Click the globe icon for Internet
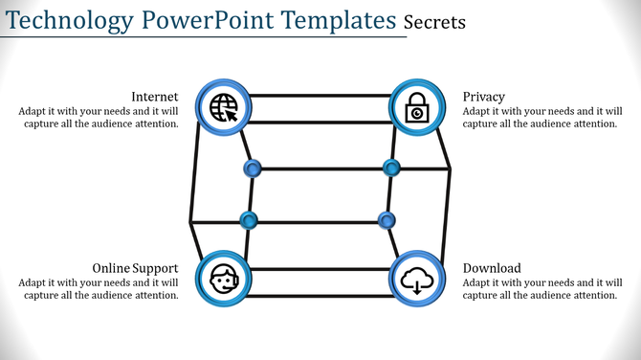[223, 106]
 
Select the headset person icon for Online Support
[223, 280]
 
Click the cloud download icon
[418, 280]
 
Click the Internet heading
[154, 97]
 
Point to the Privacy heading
[484, 97]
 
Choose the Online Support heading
[134, 268]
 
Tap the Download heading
[492, 268]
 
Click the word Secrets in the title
[434, 21]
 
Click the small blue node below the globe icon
[253, 169]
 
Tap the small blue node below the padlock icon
[391, 169]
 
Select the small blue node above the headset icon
[249, 221]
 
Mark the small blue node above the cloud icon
[387, 221]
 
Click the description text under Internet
[98, 117]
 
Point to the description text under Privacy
[540, 117]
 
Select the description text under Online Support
[98, 288]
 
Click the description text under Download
[540, 288]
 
